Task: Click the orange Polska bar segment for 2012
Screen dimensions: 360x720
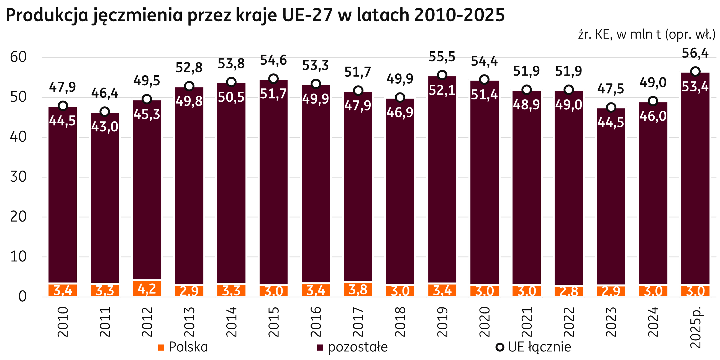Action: pos(147,289)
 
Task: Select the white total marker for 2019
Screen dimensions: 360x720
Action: pos(442,75)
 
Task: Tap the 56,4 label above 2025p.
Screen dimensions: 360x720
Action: pos(695,53)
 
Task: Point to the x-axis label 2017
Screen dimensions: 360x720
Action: pos(358,322)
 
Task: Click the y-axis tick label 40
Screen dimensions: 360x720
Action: pos(18,137)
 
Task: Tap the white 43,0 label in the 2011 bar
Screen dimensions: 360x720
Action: pos(105,127)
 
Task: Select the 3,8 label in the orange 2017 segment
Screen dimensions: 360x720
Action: pos(358,290)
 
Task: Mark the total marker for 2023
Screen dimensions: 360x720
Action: pos(611,107)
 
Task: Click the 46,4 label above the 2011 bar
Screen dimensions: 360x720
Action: pos(105,93)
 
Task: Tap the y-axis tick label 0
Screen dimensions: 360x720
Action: pos(22,297)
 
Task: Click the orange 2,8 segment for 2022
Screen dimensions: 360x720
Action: pos(569,291)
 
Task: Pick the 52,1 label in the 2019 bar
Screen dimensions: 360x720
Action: pos(442,90)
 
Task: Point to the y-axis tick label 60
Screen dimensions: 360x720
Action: pos(18,57)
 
